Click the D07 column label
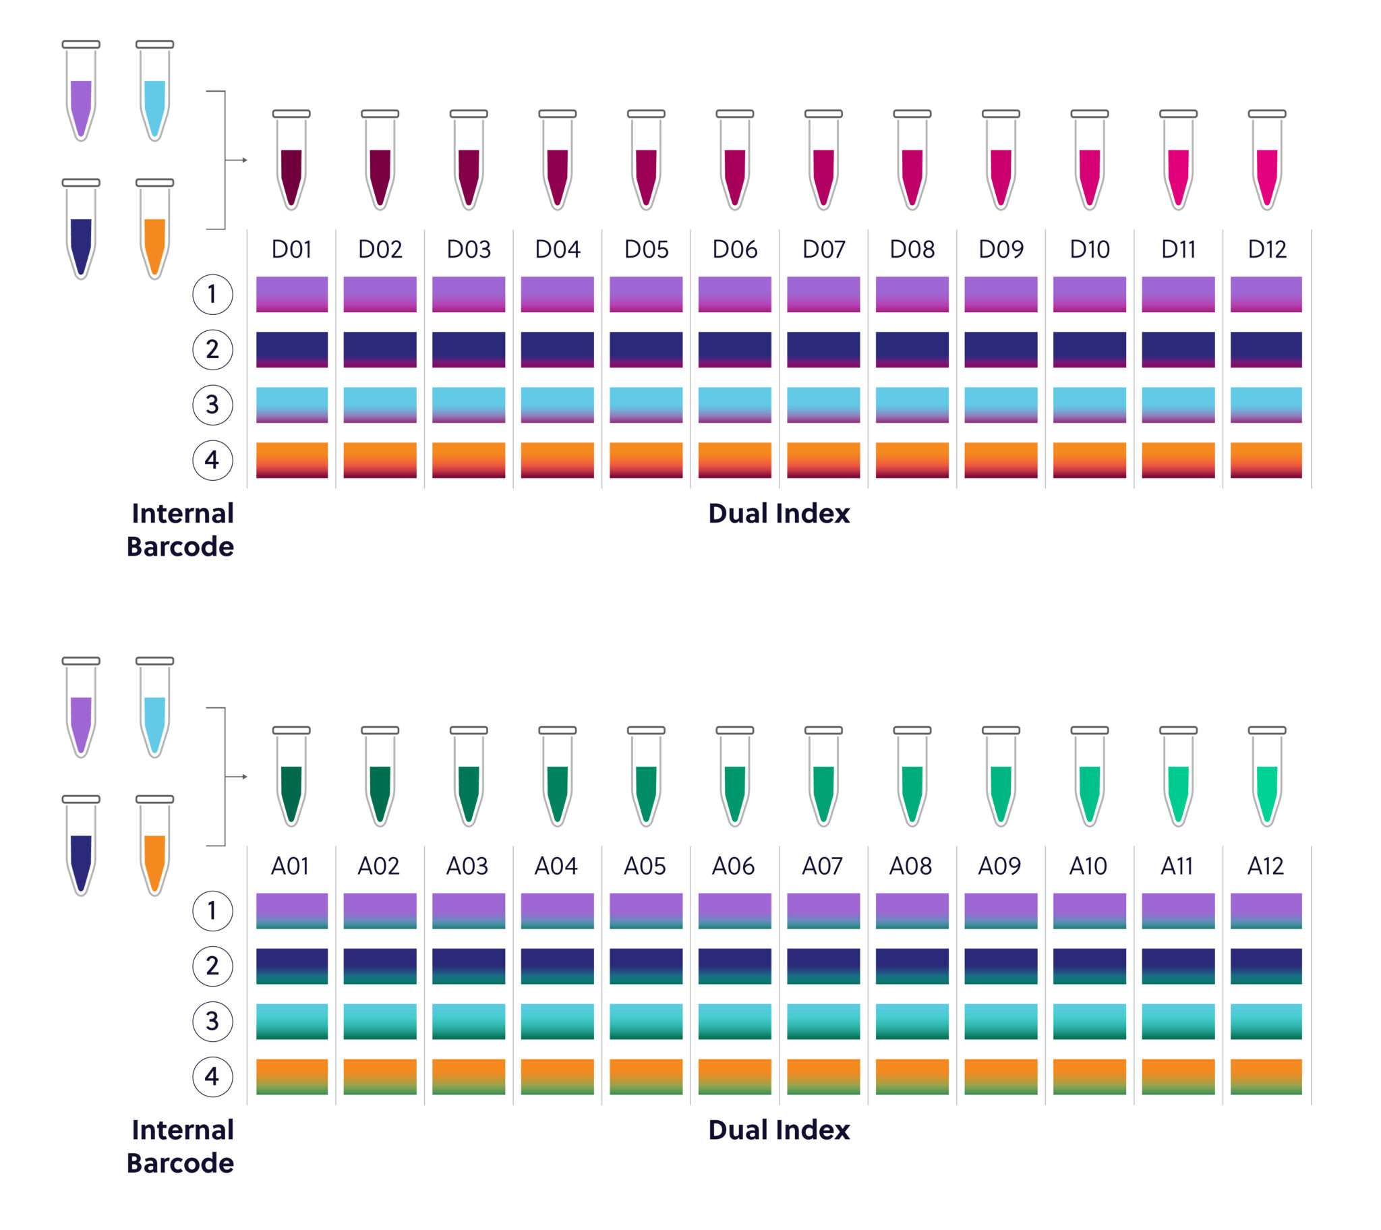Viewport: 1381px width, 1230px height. coord(823,250)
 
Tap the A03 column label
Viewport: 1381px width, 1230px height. coord(467,866)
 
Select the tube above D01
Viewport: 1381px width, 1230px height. coord(291,163)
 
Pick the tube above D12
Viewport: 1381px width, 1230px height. coord(1267,163)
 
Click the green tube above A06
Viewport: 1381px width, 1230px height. coord(734,779)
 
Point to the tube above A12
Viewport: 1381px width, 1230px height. coord(1267,779)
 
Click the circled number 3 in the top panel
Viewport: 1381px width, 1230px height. coord(213,405)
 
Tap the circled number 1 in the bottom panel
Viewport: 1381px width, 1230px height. coord(213,910)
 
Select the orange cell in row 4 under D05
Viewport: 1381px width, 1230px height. coord(646,460)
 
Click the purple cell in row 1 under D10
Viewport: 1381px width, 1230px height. coord(1089,294)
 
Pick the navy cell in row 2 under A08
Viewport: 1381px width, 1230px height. coord(912,966)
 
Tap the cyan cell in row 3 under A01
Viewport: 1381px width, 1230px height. coord(291,1021)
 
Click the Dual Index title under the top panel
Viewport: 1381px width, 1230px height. coord(779,514)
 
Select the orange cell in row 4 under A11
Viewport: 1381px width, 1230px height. coord(1177,1077)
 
